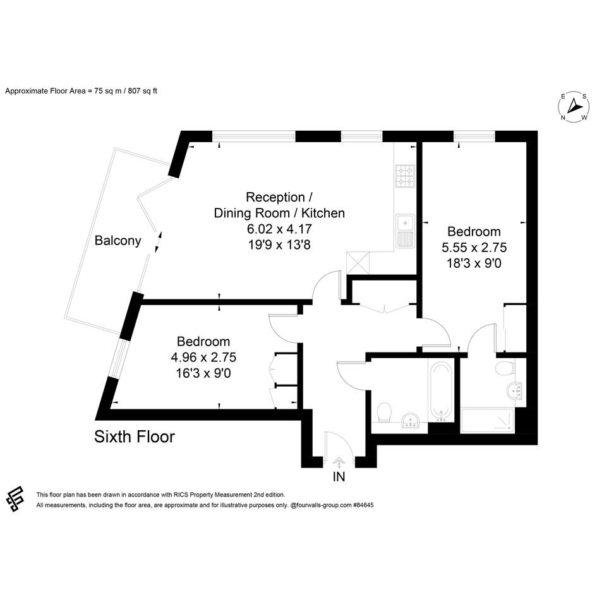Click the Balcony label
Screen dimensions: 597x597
[x=118, y=241]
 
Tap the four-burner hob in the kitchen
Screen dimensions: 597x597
[x=405, y=176]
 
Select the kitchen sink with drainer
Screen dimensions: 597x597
[x=405, y=231]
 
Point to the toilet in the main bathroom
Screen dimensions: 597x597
[x=385, y=413]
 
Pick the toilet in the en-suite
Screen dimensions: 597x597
[x=505, y=368]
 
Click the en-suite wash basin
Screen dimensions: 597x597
[x=515, y=390]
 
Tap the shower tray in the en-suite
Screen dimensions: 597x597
[x=487, y=421]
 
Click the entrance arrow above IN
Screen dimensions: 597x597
[x=339, y=462]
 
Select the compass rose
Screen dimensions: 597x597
[x=574, y=107]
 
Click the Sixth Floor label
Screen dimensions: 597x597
[x=135, y=437]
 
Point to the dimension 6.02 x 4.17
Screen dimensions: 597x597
[x=279, y=229]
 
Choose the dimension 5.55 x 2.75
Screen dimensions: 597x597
[x=474, y=248]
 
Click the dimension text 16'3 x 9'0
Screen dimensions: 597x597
[x=203, y=373]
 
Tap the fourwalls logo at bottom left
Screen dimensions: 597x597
[x=15, y=499]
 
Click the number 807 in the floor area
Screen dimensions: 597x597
[x=134, y=91]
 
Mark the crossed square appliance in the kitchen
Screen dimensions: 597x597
[x=358, y=263]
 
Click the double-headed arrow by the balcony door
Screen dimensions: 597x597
[x=159, y=242]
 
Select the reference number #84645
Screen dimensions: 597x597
[x=363, y=505]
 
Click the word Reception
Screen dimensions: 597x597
[x=275, y=197]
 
